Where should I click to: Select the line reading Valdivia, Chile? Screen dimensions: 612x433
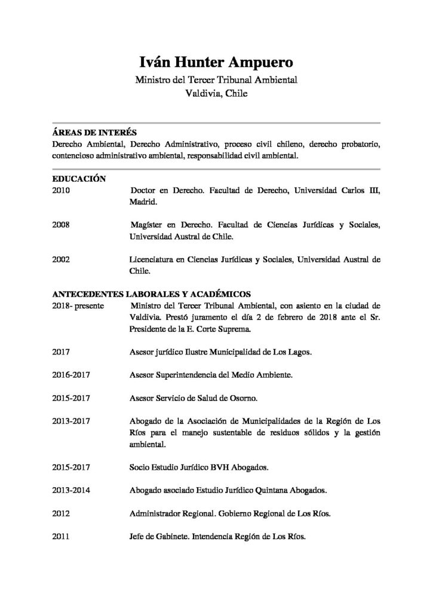216,94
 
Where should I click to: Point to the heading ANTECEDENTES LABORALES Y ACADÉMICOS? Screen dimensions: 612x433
152,294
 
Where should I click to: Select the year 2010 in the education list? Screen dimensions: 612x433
62,191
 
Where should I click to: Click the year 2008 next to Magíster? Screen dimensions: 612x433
62,225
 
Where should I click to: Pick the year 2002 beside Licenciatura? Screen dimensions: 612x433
62,259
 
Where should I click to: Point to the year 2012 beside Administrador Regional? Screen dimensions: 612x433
62,513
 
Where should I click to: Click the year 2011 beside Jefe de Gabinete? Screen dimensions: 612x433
62,536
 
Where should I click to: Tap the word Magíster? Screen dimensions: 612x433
147,225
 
